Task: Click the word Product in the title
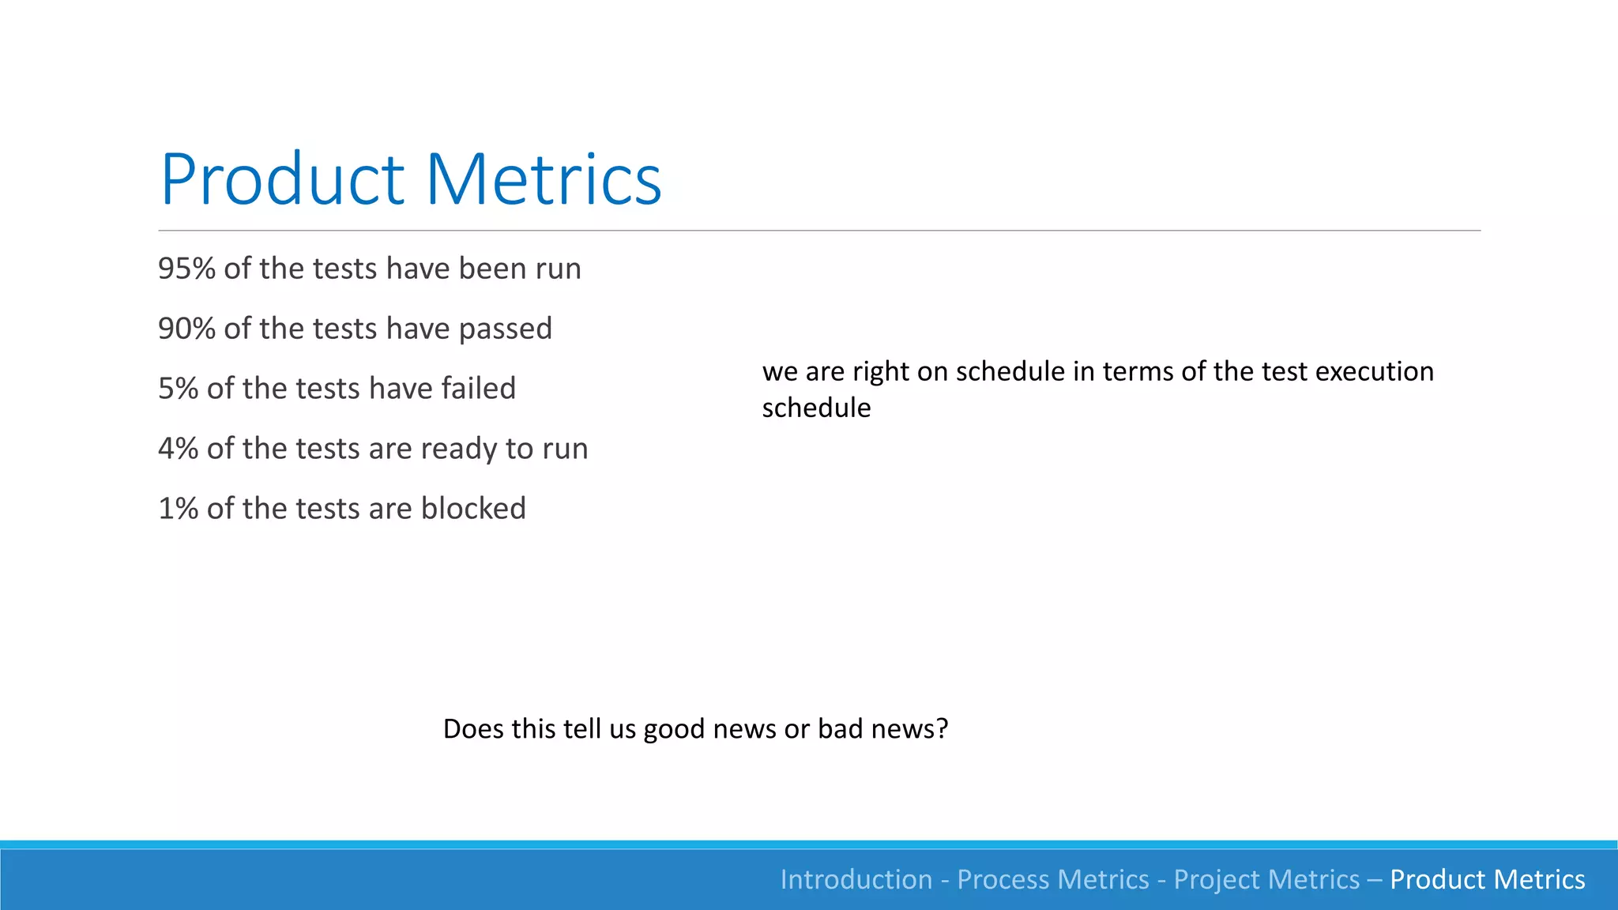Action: pos(283,180)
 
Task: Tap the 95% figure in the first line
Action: pos(186,269)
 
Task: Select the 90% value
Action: pos(186,329)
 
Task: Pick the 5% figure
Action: pos(178,389)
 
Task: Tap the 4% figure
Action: pos(178,449)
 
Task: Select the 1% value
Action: pos(178,509)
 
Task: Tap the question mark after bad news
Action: pos(941,728)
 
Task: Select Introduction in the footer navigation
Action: pos(856,879)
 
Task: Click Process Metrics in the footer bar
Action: pos(1052,879)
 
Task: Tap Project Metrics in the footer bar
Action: pos(1266,879)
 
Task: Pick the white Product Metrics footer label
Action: pos(1487,879)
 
